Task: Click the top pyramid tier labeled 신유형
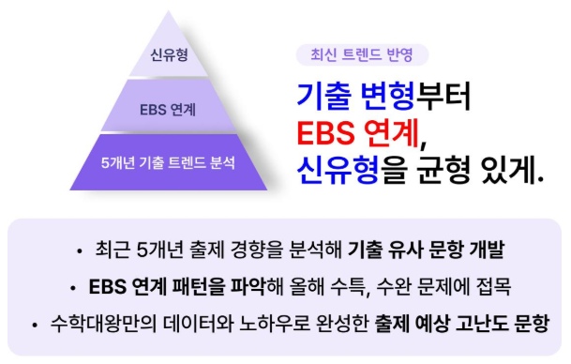169,53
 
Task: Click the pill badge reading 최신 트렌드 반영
361,54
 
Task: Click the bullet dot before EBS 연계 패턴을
72,286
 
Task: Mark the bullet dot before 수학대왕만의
35,323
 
